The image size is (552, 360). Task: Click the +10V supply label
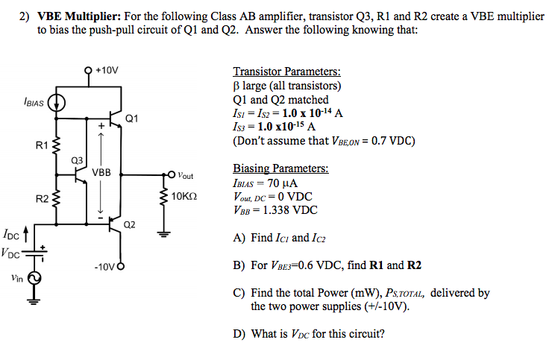[x=107, y=71]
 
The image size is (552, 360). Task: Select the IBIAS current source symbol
[x=57, y=104]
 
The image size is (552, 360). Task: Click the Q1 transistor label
[x=132, y=117]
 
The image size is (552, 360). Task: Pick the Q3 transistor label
[x=76, y=160]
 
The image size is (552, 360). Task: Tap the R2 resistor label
[x=43, y=198]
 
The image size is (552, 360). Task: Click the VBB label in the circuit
[x=101, y=173]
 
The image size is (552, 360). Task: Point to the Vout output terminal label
[x=186, y=176]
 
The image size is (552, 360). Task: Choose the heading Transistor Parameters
[x=287, y=72]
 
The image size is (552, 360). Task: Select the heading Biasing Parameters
[x=280, y=168]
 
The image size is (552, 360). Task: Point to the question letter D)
[x=239, y=333]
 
